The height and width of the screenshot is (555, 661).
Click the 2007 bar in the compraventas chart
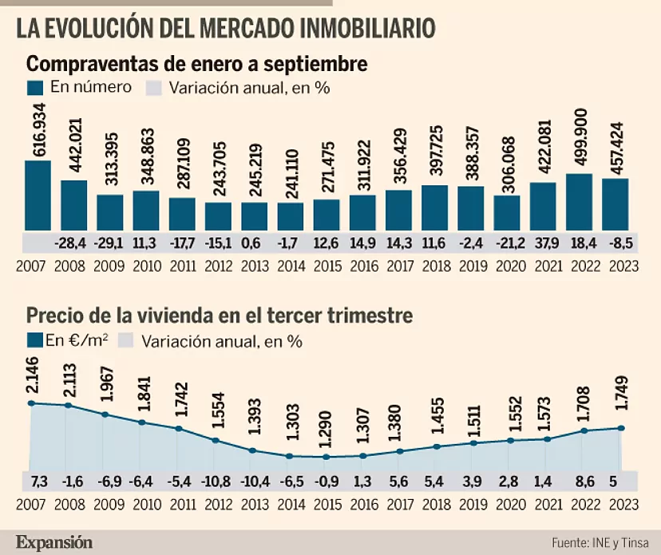pyautogui.click(x=38, y=195)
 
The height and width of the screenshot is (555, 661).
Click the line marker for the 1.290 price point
pyautogui.click(x=326, y=457)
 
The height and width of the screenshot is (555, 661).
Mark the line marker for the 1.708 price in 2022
pyautogui.click(x=584, y=430)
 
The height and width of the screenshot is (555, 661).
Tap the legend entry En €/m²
pyautogui.click(x=76, y=342)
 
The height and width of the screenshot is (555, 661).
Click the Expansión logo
pyautogui.click(x=54, y=541)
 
